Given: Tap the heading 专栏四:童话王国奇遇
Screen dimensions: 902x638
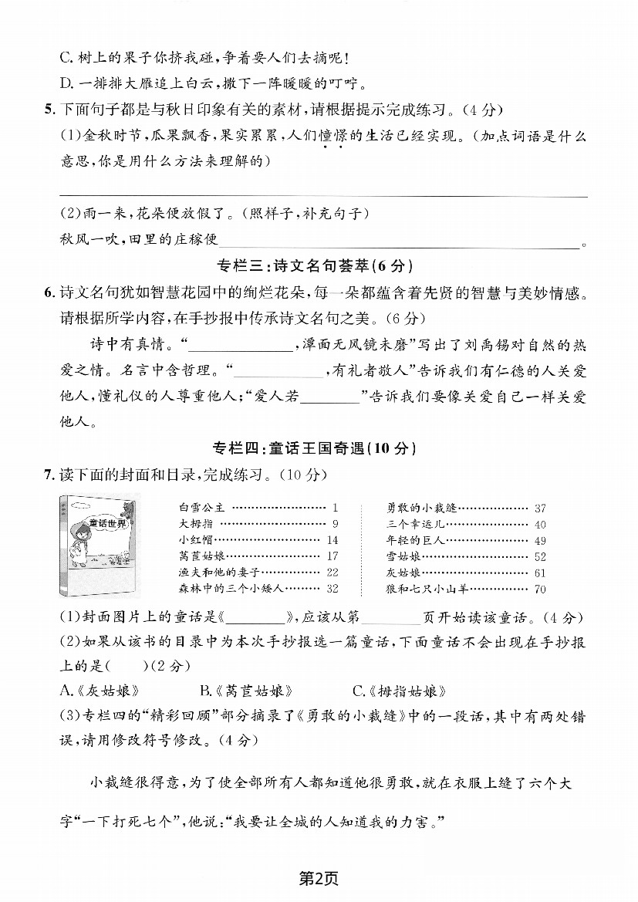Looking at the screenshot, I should (x=315, y=449).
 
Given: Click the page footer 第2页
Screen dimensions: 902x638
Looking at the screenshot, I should (x=319, y=878).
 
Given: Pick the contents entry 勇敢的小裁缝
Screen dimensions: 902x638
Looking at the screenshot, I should (x=422, y=508).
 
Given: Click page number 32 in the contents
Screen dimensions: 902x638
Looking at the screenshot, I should (x=333, y=590).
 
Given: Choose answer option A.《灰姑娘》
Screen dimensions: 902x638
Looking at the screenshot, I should (x=100, y=691).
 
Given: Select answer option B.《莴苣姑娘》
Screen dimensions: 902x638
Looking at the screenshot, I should (x=246, y=691).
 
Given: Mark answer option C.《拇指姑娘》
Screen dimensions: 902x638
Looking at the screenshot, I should (x=399, y=691).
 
